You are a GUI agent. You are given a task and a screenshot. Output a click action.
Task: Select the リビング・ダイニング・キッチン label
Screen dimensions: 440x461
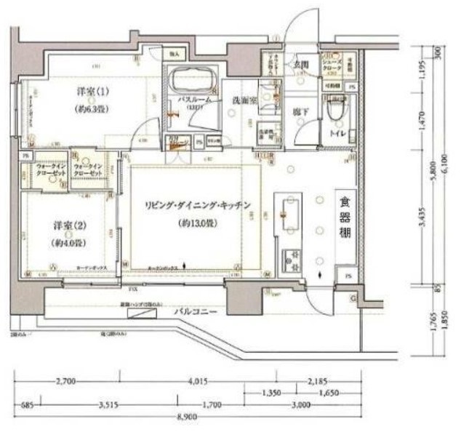tap(197, 207)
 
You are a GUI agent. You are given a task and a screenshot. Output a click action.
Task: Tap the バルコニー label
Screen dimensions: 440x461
tap(191, 311)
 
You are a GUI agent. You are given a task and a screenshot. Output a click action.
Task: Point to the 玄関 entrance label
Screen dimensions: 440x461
tap(300, 65)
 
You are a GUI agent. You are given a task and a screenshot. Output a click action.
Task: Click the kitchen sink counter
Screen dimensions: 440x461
tap(286, 212)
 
